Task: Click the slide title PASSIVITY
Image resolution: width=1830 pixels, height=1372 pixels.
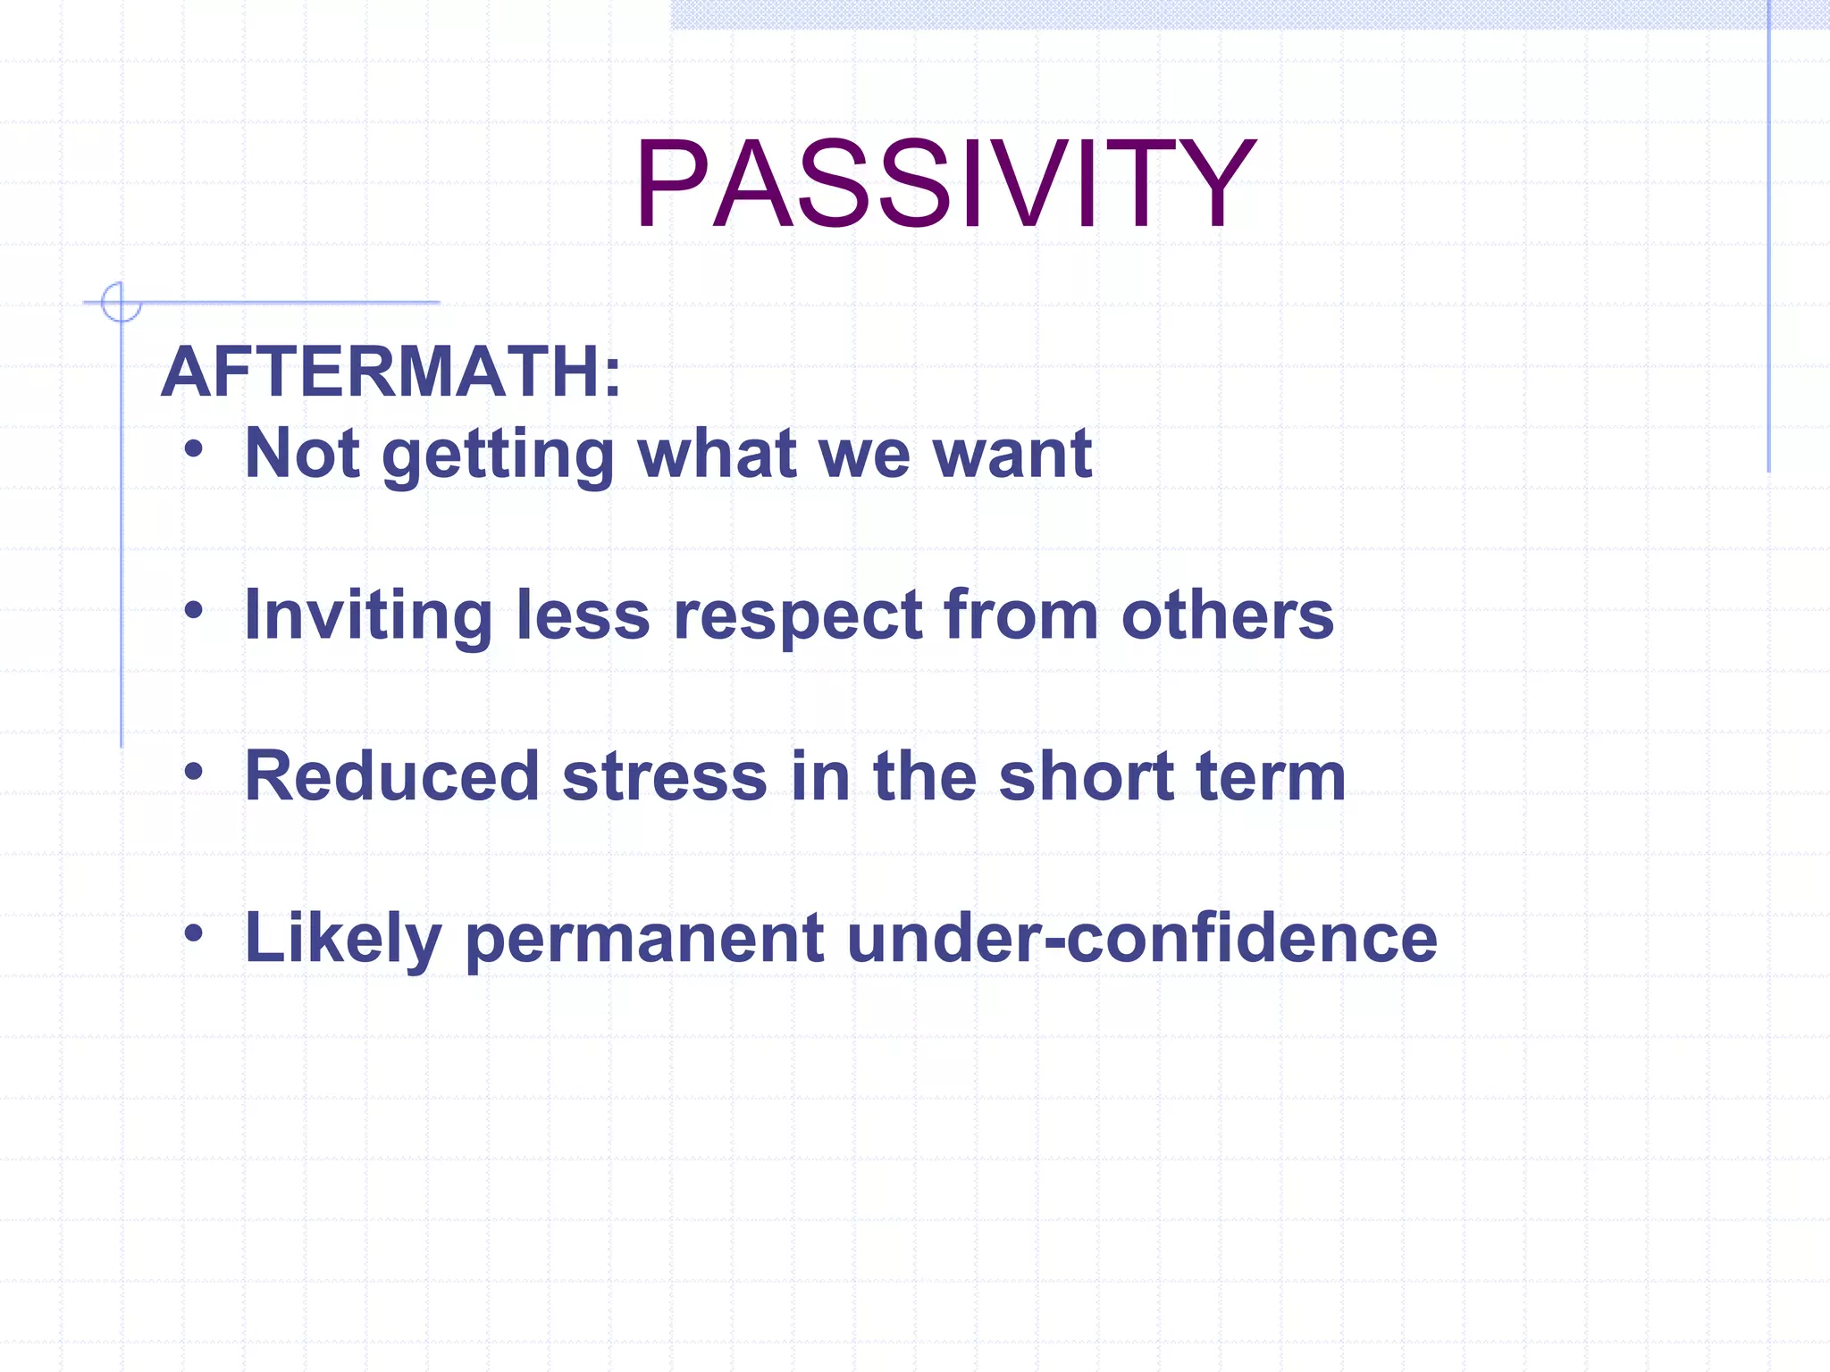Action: (944, 185)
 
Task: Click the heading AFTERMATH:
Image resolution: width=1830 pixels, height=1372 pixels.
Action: (391, 372)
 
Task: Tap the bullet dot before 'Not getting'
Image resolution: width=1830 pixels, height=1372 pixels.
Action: (194, 448)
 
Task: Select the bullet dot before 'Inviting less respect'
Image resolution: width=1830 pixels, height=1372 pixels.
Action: (194, 610)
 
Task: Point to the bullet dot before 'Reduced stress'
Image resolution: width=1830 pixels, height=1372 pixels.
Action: (194, 772)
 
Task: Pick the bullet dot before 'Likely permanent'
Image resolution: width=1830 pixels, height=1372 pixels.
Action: (194, 933)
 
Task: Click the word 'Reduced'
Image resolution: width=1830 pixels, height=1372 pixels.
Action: (392, 776)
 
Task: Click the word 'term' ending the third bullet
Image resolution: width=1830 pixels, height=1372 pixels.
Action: (1271, 776)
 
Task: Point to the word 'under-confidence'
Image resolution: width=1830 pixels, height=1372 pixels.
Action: (1141, 938)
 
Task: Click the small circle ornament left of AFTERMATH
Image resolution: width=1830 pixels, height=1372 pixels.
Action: (121, 302)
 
